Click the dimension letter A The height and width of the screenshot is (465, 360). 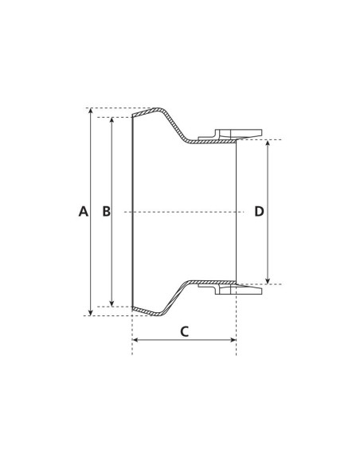tap(83, 212)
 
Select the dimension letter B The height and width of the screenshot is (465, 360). tap(106, 212)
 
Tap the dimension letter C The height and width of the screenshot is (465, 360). tap(184, 332)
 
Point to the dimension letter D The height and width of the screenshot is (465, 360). tap(259, 212)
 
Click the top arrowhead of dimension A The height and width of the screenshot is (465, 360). tap(90, 111)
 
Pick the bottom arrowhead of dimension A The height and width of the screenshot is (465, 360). tap(90, 312)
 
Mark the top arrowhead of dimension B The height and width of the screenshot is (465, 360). tap(112, 120)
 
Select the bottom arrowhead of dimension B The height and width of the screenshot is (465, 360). tap(112, 303)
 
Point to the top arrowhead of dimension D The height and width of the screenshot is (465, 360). tap(268, 143)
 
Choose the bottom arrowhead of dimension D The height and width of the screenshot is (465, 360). tap(268, 280)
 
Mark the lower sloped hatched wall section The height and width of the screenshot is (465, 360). tap(177, 296)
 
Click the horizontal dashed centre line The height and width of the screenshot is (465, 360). tap(183, 212)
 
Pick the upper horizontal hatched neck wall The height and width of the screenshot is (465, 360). tap(211, 142)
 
